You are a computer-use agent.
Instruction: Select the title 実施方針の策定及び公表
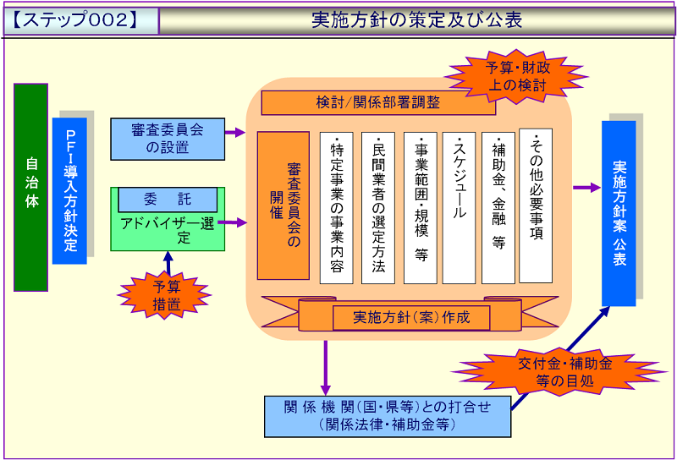point(416,19)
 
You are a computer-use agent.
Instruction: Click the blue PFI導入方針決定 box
point(70,190)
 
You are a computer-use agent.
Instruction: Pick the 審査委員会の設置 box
point(168,139)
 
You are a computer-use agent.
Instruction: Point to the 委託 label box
point(168,200)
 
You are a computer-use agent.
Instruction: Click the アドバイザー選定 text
point(168,230)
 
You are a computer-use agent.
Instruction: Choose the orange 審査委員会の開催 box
point(283,205)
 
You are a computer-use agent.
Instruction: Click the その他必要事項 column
point(536,205)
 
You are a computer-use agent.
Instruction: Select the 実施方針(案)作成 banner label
point(410,318)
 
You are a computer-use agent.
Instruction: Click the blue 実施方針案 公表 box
point(619,213)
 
